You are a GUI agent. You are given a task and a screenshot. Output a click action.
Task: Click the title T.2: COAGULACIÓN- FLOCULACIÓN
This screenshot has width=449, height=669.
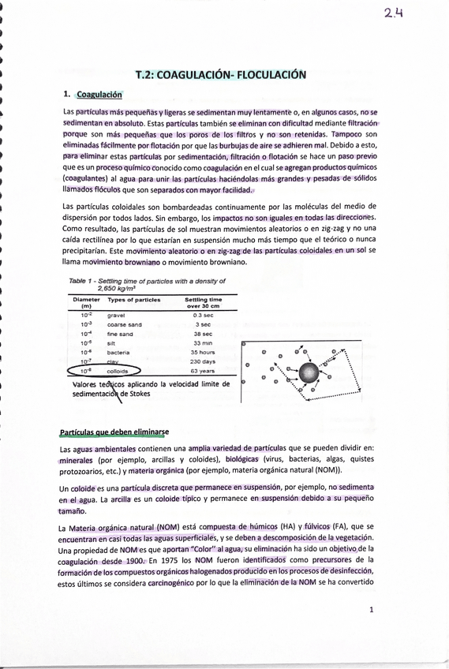(x=220, y=75)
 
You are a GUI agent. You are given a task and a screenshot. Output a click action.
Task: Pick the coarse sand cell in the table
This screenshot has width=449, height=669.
(x=125, y=323)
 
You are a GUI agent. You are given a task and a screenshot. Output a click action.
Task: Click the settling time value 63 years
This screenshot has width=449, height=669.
(x=203, y=370)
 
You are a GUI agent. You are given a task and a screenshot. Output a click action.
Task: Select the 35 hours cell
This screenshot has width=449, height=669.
(x=203, y=352)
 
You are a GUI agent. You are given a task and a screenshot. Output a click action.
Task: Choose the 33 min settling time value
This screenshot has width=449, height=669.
(x=203, y=342)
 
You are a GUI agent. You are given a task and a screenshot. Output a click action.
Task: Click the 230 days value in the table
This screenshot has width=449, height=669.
(x=203, y=361)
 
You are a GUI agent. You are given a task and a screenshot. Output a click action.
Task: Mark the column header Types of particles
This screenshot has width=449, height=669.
(x=133, y=300)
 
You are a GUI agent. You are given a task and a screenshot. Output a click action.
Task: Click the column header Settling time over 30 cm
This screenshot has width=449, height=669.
(x=203, y=302)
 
